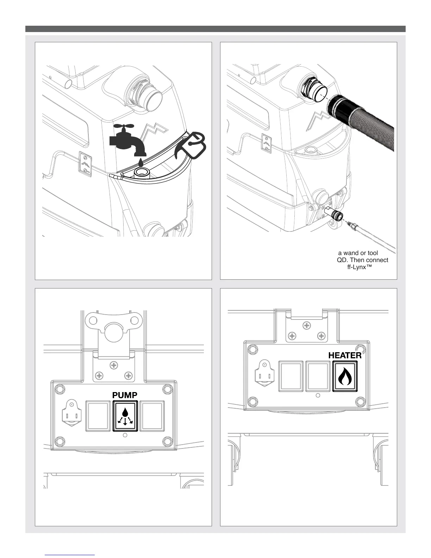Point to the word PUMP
(125, 395)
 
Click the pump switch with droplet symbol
(125, 416)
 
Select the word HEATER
(345, 355)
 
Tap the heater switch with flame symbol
(345, 376)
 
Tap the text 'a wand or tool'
(358, 253)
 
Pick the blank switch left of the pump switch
(99, 416)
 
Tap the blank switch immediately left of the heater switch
(318, 376)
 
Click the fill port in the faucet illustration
(142, 173)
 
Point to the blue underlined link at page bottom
(70, 555)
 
